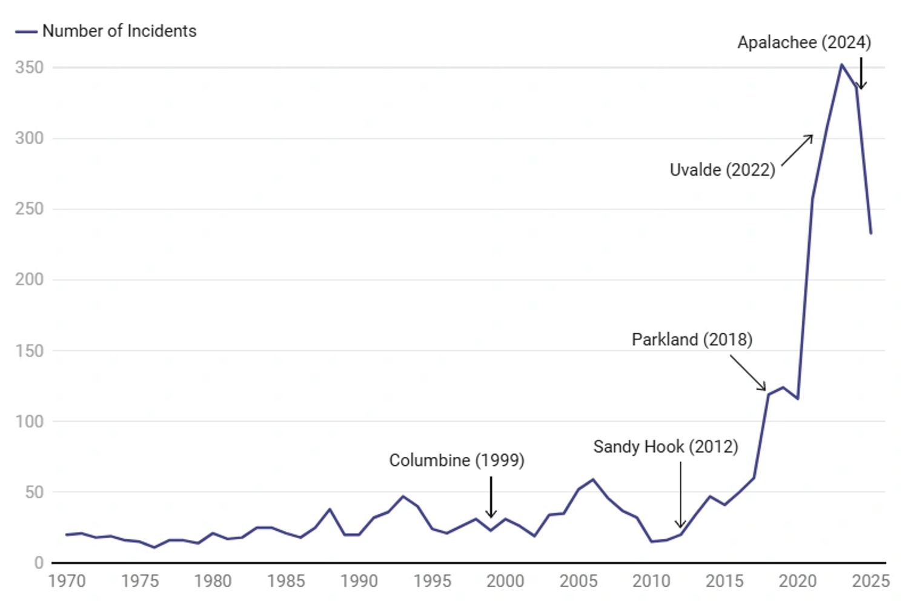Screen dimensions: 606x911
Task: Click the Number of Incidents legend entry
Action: [x=119, y=32]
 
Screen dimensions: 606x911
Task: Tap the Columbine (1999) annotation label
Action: [x=457, y=461]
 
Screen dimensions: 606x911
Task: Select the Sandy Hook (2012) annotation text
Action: [x=666, y=447]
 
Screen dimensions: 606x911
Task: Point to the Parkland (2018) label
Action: [x=692, y=339]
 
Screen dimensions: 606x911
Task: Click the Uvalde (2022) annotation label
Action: [x=722, y=170]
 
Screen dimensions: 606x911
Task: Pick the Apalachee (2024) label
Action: [x=804, y=42]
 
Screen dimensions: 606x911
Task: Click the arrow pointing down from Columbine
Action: [x=491, y=497]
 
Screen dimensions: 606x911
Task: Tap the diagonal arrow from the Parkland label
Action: [x=748, y=373]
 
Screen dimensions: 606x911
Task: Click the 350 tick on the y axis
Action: [x=30, y=67]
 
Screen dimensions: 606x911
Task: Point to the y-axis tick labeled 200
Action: [x=30, y=279]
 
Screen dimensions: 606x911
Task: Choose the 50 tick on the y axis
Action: [x=34, y=492]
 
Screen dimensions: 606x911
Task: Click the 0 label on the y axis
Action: [x=39, y=563]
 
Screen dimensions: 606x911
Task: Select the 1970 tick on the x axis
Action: [x=67, y=581]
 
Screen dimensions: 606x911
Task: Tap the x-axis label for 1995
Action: [x=432, y=581]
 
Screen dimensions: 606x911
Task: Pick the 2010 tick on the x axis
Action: [x=651, y=581]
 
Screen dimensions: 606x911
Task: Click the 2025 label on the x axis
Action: [x=870, y=581]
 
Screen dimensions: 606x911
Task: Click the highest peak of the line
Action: [x=841, y=64]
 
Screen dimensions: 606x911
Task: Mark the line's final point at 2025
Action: [x=870, y=233]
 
